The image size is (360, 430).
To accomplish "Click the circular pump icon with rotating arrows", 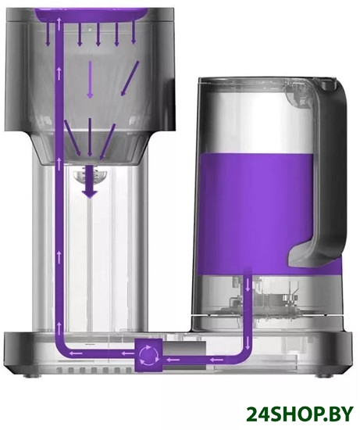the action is pos(148,356).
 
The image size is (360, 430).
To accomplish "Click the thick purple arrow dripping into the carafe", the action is pos(90,181).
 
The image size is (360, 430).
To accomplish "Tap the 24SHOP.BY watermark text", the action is pos(300,414).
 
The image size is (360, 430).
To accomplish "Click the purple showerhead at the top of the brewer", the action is pos(92,14).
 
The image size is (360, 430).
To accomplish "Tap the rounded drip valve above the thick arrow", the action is pos(90,176).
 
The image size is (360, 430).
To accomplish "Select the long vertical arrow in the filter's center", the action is pos(90,80).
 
